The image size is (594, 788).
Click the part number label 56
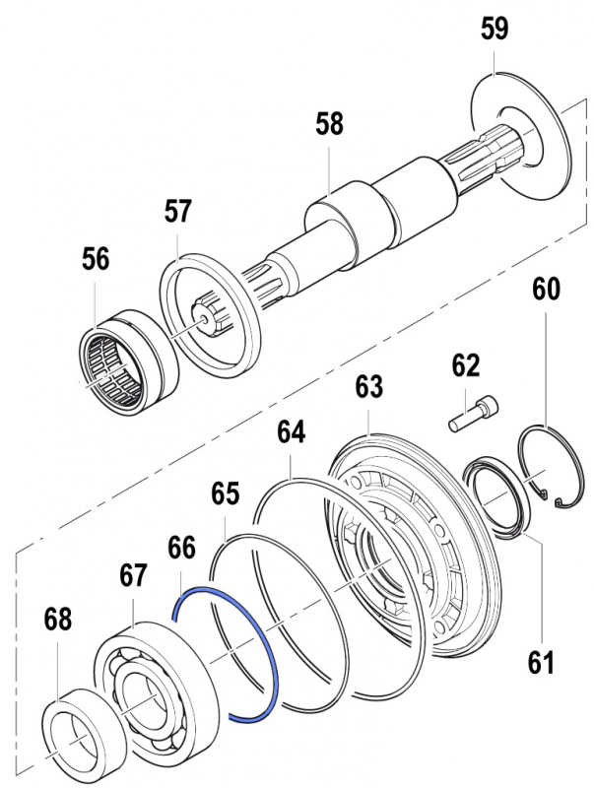[96, 259]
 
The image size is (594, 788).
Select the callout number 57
[178, 211]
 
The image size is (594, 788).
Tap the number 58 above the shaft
[330, 125]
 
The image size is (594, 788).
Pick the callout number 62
[465, 366]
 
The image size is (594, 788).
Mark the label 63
[368, 387]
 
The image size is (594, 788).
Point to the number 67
[135, 573]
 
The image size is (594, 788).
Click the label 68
[58, 620]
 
